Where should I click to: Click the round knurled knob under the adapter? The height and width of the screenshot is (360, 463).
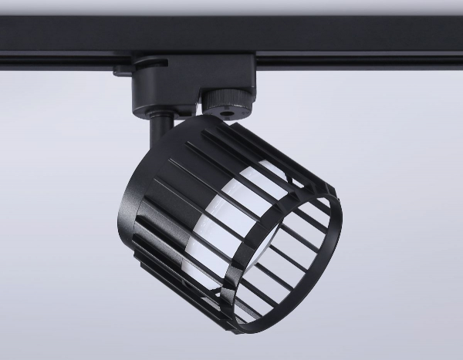click(221, 102)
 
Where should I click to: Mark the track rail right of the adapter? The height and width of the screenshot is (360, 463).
click(355, 42)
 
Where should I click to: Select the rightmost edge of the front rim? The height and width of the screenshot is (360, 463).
click(346, 231)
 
